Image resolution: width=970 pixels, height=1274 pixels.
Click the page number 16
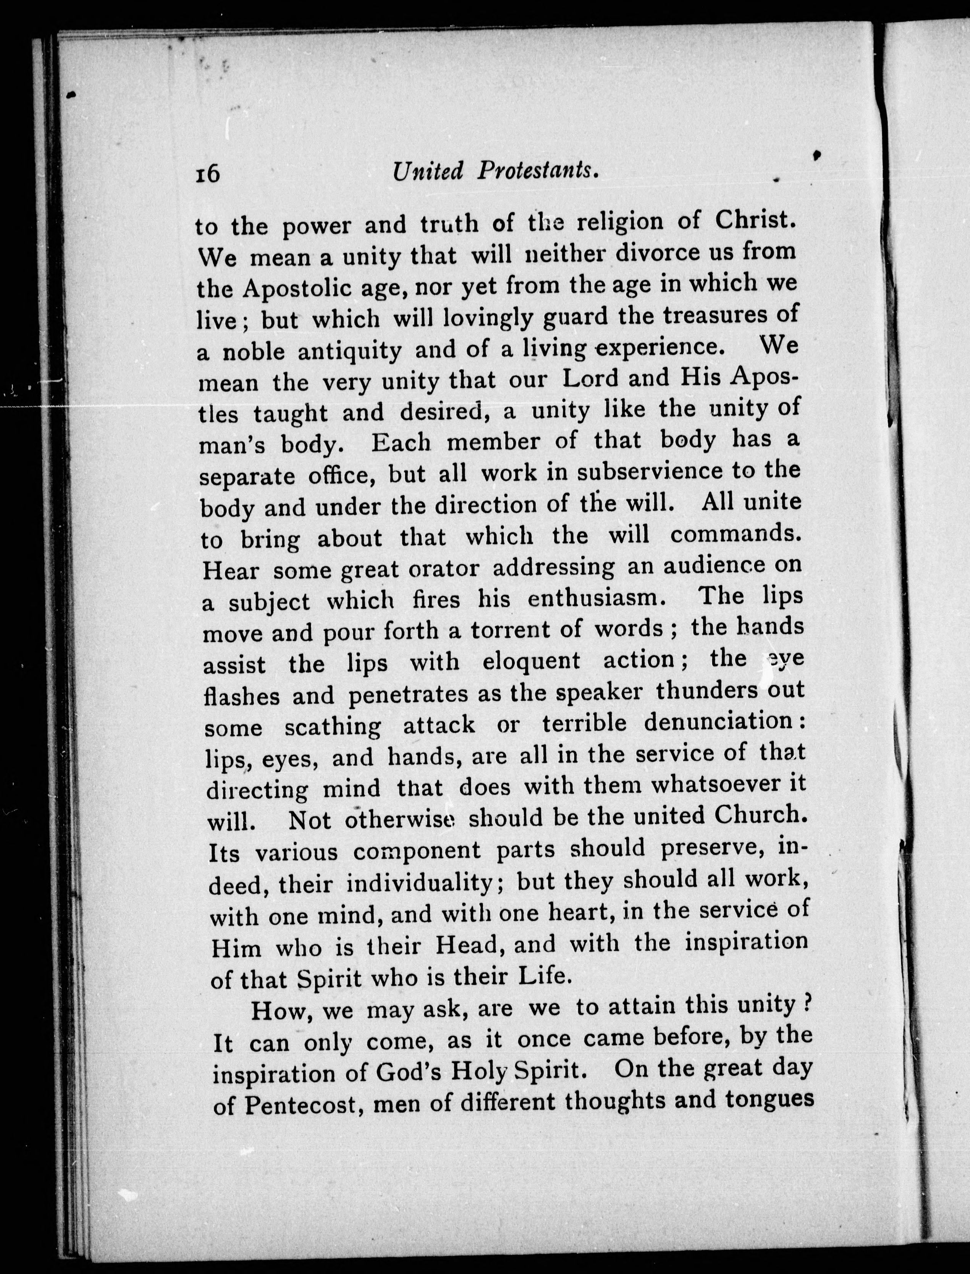(x=208, y=173)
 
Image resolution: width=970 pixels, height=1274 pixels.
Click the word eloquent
(x=531, y=661)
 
